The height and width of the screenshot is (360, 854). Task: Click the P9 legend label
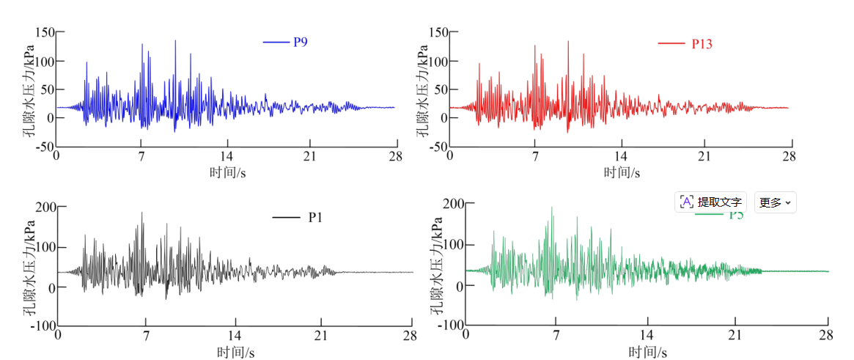coord(301,42)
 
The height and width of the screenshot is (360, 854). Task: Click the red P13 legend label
coord(702,44)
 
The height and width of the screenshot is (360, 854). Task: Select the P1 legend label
coord(316,217)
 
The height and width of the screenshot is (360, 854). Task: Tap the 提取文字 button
coord(710,202)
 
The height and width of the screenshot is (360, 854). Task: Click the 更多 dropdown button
coord(775,202)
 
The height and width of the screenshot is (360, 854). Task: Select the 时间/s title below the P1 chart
coord(235,352)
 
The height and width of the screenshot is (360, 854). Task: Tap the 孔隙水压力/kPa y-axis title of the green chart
coord(435,264)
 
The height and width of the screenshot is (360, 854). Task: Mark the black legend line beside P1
coord(286,217)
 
